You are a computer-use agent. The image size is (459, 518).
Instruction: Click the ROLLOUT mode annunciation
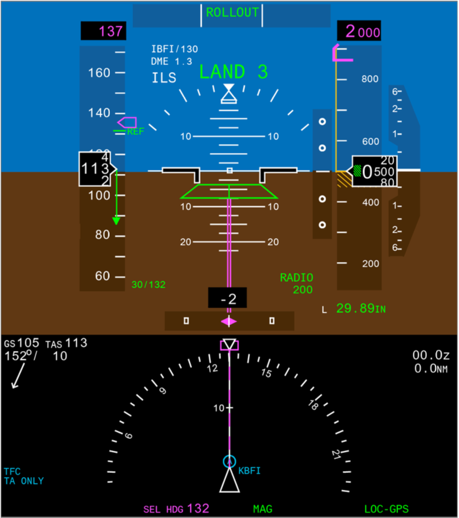(232, 12)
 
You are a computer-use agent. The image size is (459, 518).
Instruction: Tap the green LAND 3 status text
(233, 72)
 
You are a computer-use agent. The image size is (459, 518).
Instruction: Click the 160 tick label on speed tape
(99, 73)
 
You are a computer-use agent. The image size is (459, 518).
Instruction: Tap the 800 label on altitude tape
(369, 79)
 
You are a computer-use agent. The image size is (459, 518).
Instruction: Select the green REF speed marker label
(135, 132)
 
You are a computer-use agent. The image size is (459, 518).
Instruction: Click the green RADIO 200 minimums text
(296, 284)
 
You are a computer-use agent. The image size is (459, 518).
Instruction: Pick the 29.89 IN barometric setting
(360, 309)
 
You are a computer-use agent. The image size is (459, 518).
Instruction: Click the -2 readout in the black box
(228, 299)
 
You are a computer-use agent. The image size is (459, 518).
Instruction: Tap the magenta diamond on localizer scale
(228, 321)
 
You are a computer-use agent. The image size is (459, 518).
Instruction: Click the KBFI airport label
(249, 470)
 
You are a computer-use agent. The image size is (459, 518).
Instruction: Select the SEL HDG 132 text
(176, 509)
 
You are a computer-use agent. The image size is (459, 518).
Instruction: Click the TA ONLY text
(23, 481)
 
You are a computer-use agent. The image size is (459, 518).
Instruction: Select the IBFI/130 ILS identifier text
(174, 49)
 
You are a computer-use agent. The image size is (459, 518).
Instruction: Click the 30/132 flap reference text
(148, 285)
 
